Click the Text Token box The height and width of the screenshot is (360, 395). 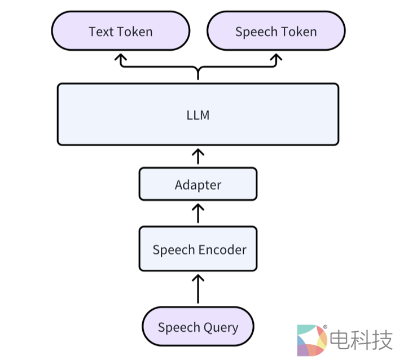click(x=120, y=32)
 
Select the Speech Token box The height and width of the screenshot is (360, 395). click(x=276, y=32)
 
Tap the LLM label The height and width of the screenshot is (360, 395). click(x=197, y=115)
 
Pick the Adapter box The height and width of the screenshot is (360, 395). click(x=197, y=185)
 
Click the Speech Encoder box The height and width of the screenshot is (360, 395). click(x=197, y=249)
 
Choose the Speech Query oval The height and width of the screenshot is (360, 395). click(x=197, y=327)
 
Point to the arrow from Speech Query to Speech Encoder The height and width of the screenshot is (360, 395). click(x=197, y=289)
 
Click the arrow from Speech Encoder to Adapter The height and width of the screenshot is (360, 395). click(x=197, y=214)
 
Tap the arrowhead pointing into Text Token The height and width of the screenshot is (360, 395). click(x=121, y=58)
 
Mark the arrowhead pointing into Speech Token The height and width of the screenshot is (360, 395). click(x=276, y=58)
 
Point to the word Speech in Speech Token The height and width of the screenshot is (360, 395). click(x=254, y=32)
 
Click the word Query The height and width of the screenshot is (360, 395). click(x=219, y=327)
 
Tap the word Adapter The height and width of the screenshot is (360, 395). click(x=197, y=185)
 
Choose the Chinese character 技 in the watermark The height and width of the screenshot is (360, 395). click(x=382, y=340)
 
